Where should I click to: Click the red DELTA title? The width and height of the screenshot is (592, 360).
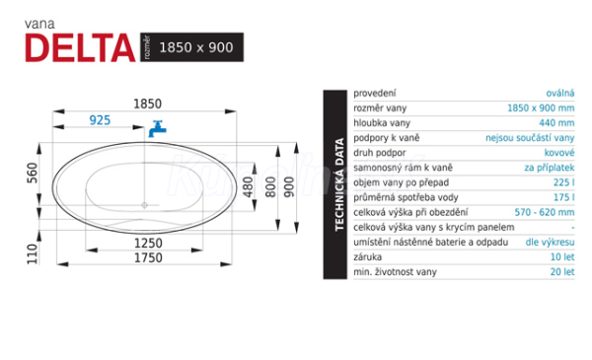(80, 47)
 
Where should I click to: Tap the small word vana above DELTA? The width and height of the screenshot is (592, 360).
(39, 24)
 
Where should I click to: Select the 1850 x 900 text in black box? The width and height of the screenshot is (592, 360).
(196, 47)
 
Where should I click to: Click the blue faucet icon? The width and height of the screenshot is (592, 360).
(157, 128)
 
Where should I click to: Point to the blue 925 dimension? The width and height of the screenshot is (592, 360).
(100, 120)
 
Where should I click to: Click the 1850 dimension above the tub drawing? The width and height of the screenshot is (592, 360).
(148, 104)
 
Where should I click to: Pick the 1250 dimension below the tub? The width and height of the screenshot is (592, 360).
(148, 243)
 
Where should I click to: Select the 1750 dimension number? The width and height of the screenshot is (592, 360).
(148, 257)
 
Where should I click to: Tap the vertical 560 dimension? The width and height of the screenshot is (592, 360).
(33, 174)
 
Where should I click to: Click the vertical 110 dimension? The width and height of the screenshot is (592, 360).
(33, 253)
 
